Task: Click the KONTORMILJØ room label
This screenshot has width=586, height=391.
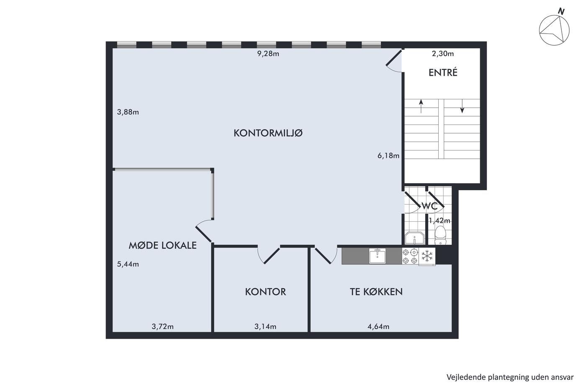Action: [268, 133]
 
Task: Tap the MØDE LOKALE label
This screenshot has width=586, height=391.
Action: [162, 246]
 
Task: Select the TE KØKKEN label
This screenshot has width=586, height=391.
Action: [376, 292]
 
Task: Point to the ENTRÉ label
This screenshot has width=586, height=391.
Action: [443, 73]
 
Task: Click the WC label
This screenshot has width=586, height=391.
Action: [429, 206]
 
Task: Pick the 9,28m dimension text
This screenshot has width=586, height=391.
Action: [268, 54]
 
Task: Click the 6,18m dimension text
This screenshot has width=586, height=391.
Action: [388, 156]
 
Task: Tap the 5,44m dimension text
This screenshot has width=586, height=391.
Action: [128, 264]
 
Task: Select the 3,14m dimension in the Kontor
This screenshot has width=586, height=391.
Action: [265, 326]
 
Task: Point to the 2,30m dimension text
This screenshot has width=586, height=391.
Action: [443, 54]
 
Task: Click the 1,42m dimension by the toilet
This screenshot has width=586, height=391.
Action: [439, 221]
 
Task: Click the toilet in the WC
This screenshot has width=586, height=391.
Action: [440, 235]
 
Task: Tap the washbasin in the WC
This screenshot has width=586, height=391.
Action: [415, 238]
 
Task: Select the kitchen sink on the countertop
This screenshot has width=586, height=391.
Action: [377, 256]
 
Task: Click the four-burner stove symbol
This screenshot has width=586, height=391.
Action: [410, 256]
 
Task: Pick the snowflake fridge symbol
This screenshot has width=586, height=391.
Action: [427, 256]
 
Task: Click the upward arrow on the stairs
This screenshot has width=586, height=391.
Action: [421, 106]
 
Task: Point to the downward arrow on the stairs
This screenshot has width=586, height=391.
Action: [462, 106]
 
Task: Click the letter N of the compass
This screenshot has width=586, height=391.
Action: [561, 11]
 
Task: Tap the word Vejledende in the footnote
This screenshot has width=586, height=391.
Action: [463, 377]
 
